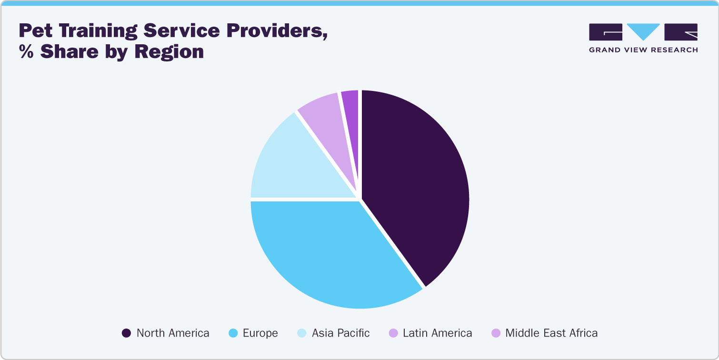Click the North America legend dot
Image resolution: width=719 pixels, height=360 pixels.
(126, 333)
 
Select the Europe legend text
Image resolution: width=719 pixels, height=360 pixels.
(260, 333)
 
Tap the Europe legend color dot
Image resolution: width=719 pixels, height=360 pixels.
(233, 333)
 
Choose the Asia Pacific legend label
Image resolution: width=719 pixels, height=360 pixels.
(340, 333)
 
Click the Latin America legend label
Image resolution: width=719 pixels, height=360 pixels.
(437, 333)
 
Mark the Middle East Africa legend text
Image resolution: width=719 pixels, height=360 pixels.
(551, 333)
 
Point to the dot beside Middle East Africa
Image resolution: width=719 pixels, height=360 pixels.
(496, 333)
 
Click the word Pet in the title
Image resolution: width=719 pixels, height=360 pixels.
(36, 31)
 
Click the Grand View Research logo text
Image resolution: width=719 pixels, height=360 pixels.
(643, 50)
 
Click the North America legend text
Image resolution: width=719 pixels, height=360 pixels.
(173, 333)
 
